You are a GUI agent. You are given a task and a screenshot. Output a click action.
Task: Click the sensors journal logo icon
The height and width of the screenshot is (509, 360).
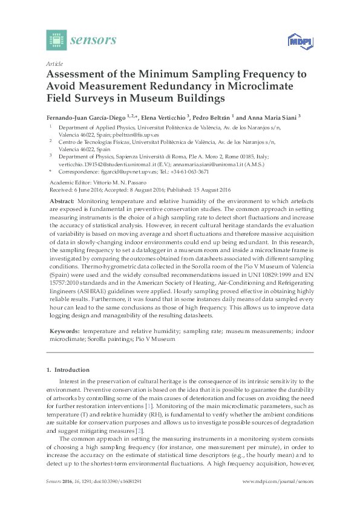[56, 41]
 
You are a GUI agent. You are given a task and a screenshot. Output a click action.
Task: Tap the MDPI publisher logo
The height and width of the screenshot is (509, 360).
[297, 42]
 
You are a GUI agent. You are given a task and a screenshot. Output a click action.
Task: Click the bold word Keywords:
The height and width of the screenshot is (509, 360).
[64, 332]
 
